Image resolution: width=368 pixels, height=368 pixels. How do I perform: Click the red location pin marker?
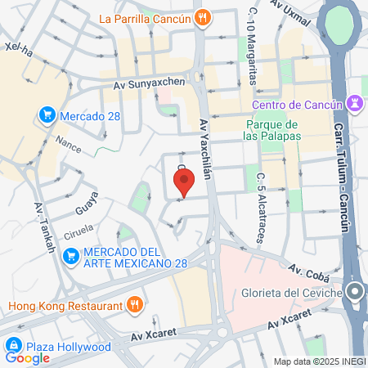click(184, 182)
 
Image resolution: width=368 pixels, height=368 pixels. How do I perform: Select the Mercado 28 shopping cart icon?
click(47, 116)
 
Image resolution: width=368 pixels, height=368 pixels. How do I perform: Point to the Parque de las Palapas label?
click(274, 129)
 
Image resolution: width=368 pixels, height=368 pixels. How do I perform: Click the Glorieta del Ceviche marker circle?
click(354, 292)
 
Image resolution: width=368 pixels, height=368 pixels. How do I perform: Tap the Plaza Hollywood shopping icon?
click(14, 347)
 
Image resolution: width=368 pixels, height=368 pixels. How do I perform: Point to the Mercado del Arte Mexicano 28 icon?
click(71, 256)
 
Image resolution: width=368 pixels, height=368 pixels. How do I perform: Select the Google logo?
click(27, 358)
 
